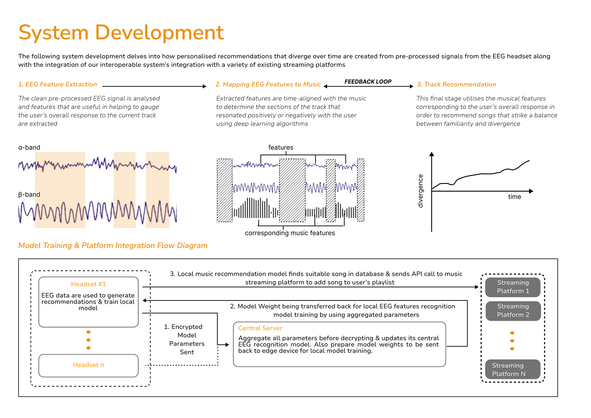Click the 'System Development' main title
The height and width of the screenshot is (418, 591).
pyautogui.click(x=121, y=33)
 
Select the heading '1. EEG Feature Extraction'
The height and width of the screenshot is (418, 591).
pyautogui.click(x=58, y=84)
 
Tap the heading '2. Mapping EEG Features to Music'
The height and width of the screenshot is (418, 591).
pyautogui.click(x=268, y=84)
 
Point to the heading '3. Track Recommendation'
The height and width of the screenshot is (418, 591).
pyautogui.click(x=456, y=84)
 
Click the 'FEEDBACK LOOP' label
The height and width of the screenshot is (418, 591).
pyautogui.click(x=368, y=82)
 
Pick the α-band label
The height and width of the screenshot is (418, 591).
pyautogui.click(x=29, y=148)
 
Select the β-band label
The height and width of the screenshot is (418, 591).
pyautogui.click(x=29, y=195)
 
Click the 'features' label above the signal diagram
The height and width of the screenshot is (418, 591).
pyautogui.click(x=281, y=148)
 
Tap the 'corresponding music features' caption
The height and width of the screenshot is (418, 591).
pyautogui.click(x=290, y=233)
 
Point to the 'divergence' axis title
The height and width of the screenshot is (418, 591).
pyautogui.click(x=420, y=191)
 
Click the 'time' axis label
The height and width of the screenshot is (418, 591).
pyautogui.click(x=514, y=197)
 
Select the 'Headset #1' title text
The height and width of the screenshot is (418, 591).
pyautogui.click(x=88, y=284)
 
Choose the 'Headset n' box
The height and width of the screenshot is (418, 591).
pyautogui.click(x=88, y=365)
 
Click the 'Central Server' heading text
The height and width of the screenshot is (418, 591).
pyautogui.click(x=260, y=328)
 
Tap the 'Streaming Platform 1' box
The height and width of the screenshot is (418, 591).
pyautogui.click(x=513, y=287)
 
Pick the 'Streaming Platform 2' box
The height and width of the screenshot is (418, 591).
pyautogui.click(x=513, y=311)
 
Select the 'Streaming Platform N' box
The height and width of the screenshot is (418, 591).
pyautogui.click(x=513, y=370)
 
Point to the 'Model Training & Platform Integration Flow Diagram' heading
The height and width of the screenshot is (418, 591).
pyautogui.click(x=113, y=246)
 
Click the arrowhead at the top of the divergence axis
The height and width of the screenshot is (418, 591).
pyautogui.click(x=432, y=154)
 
